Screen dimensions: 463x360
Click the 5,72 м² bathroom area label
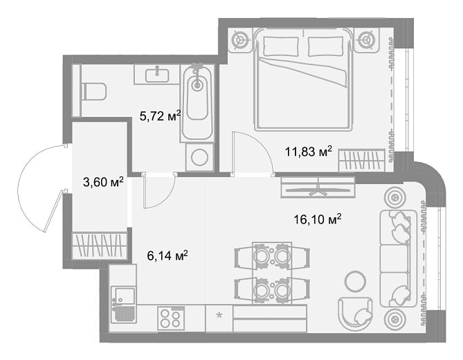pyautogui.click(x=160, y=116)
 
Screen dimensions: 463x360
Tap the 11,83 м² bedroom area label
pyautogui.click(x=308, y=152)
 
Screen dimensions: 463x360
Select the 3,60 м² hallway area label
pyautogui.click(x=103, y=182)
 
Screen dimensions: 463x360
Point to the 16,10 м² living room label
pyautogui.click(x=318, y=219)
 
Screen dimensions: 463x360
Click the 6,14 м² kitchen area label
pyautogui.click(x=167, y=255)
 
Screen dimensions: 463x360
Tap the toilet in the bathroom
pyautogui.click(x=93, y=91)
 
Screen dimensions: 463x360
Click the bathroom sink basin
pyautogui.click(x=157, y=75)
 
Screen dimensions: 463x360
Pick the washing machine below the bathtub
pyautogui.click(x=199, y=157)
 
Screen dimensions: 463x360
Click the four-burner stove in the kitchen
pyautogui.click(x=171, y=318)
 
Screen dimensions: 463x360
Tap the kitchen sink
pyautogui.click(x=123, y=304)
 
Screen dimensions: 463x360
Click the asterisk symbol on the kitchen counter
pyautogui.click(x=219, y=316)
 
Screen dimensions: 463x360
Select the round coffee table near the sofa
pyautogui.click(x=356, y=282)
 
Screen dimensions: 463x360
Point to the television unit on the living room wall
pyautogui.click(x=318, y=187)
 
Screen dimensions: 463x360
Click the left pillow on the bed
pyautogui.click(x=281, y=46)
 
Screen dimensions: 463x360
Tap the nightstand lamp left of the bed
pyautogui.click(x=239, y=40)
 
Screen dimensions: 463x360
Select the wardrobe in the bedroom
pyautogui.click(x=362, y=161)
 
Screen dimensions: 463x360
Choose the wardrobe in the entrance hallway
pyautogui.click(x=99, y=246)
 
